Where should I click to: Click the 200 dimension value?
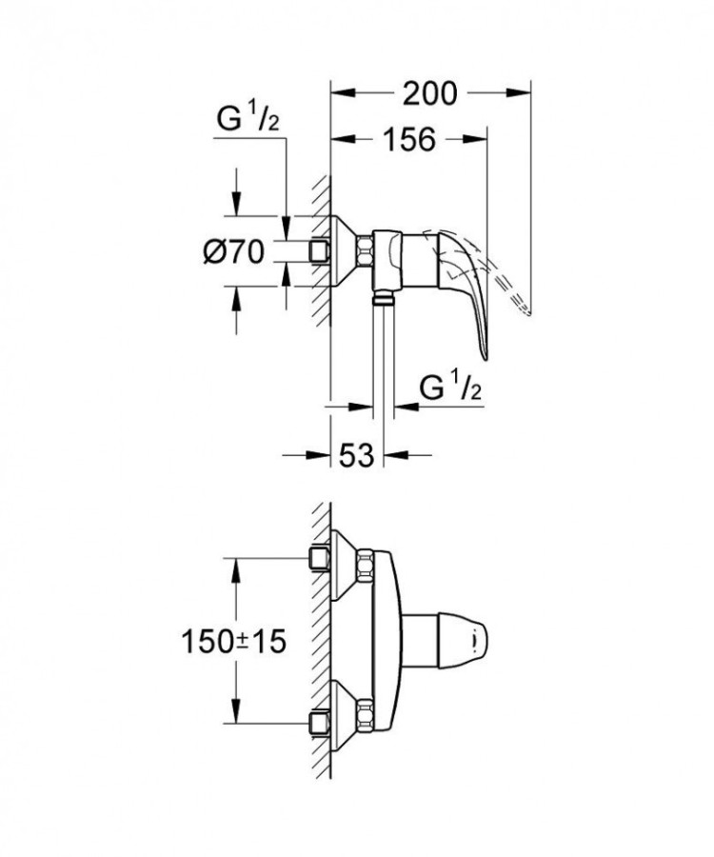point(429,93)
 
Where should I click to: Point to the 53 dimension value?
point(355,455)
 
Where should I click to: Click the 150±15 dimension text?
point(233,641)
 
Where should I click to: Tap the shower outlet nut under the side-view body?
point(382,299)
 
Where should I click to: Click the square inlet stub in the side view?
point(319,251)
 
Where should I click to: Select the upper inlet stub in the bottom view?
point(319,557)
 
